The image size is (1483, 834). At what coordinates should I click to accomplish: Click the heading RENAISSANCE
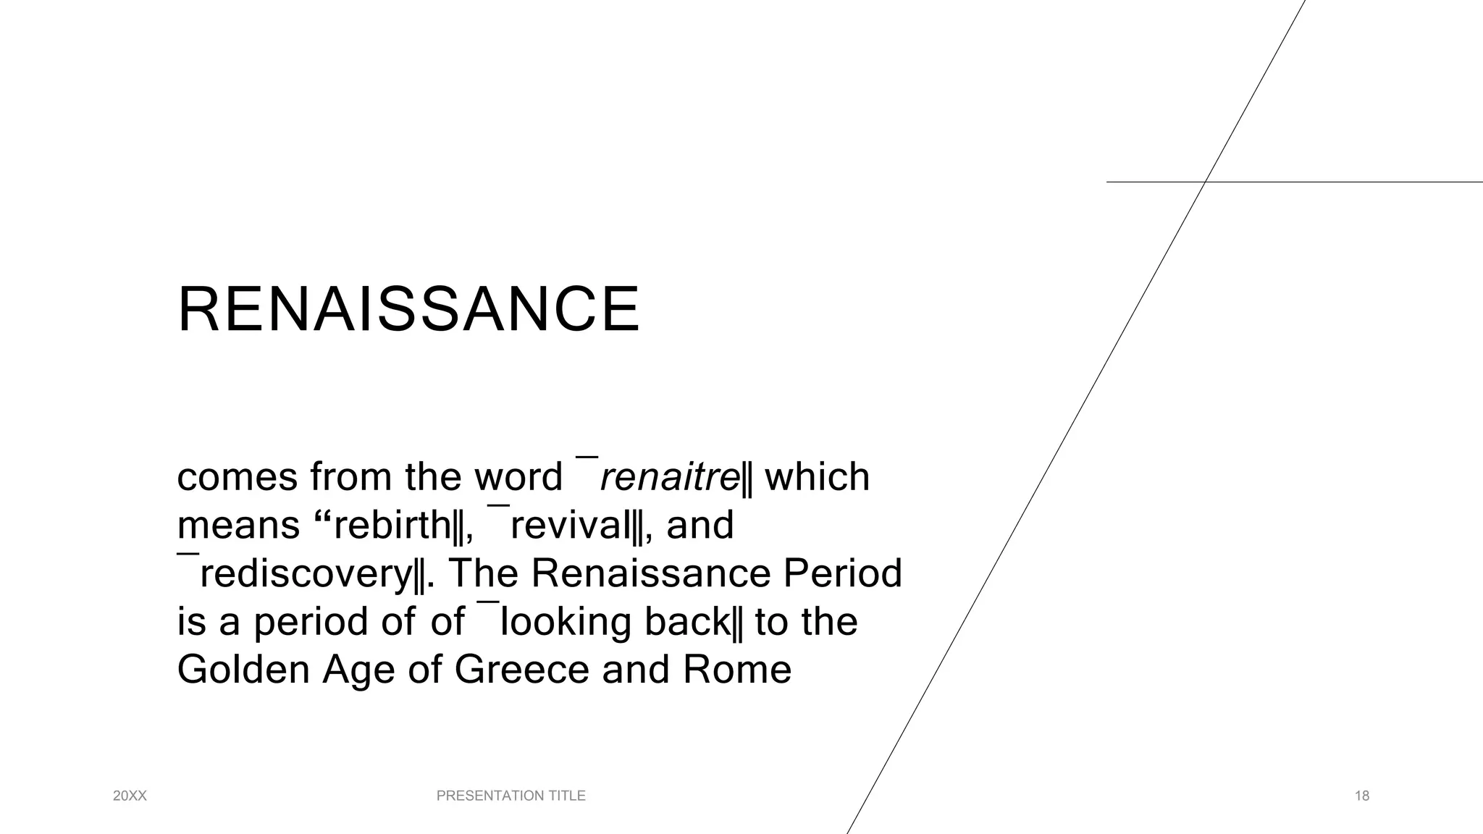tap(408, 310)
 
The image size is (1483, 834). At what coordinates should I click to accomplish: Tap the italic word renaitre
tap(670, 477)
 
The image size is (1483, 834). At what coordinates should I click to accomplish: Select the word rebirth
tap(392, 525)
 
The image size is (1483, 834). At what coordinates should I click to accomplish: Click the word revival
tap(571, 525)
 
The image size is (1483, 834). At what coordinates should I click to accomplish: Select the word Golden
tap(243, 669)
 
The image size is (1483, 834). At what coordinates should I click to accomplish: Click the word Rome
tap(737, 669)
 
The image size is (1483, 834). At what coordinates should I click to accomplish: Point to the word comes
tap(238, 477)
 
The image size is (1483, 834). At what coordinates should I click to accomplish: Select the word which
tap(817, 477)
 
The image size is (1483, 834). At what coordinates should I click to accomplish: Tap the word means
tap(238, 525)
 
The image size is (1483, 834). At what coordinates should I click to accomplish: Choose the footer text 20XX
tap(130, 796)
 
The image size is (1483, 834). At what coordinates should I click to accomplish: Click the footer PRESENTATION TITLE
tap(511, 796)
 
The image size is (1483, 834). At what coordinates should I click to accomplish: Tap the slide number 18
tap(1362, 796)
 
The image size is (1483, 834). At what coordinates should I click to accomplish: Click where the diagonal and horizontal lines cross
tap(1205, 182)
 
